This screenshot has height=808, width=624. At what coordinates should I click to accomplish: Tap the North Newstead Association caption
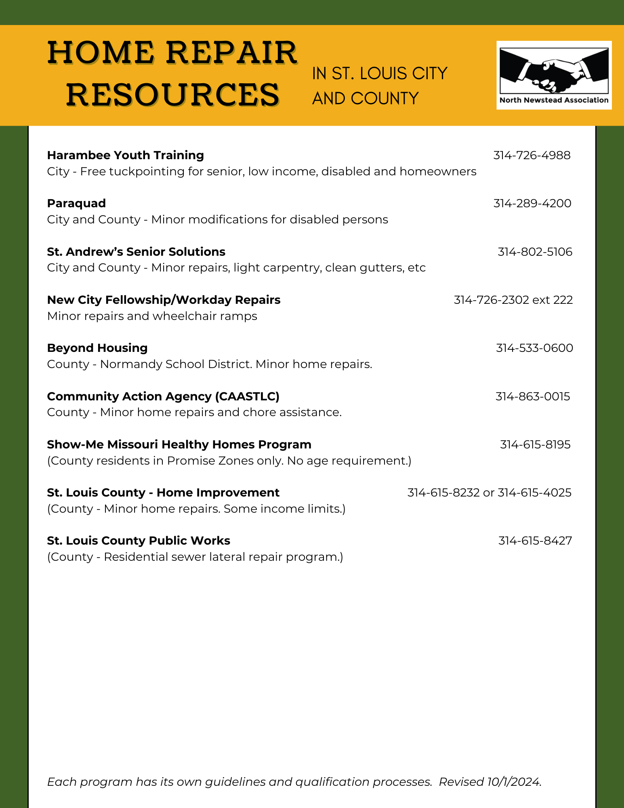[554, 100]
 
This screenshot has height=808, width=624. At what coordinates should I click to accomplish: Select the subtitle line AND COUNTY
[365, 99]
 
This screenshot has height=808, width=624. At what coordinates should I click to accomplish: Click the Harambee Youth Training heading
[125, 155]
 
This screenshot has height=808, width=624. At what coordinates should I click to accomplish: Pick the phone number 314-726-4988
[532, 155]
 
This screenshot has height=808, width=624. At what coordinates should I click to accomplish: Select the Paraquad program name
[76, 203]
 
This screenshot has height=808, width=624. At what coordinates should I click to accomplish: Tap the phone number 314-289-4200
[532, 203]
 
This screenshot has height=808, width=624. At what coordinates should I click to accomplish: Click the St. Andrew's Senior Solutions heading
[136, 252]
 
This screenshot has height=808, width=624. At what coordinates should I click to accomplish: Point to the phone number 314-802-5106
[535, 252]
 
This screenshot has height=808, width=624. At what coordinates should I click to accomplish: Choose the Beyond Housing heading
[97, 348]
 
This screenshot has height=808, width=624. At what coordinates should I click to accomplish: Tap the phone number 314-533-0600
[534, 348]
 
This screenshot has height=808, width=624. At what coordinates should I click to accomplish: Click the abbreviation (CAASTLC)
[247, 396]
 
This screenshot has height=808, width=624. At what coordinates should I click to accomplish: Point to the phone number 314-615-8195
[535, 444]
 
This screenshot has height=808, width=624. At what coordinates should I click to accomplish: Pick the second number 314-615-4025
[534, 492]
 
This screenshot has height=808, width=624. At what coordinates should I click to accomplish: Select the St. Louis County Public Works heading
[139, 541]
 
